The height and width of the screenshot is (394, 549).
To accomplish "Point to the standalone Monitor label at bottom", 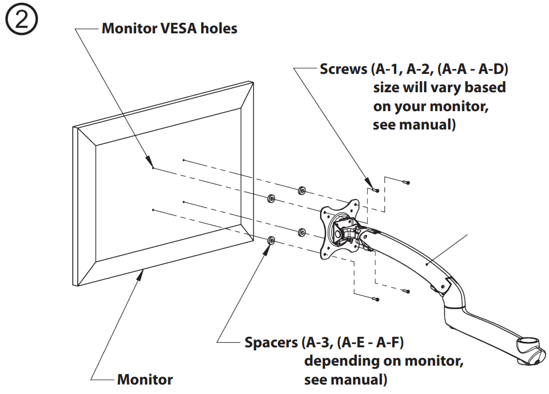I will pyautogui.click(x=144, y=380).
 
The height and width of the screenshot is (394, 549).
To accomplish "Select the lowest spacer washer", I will pyautogui.click(x=271, y=240).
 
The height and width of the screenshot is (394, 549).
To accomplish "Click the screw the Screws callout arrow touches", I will pyautogui.click(x=377, y=190).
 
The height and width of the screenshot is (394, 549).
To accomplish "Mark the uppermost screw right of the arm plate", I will pyautogui.click(x=407, y=182).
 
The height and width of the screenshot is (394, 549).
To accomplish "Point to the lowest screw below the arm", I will pyautogui.click(x=377, y=299).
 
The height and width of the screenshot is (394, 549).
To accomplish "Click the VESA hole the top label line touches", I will pyautogui.click(x=153, y=168).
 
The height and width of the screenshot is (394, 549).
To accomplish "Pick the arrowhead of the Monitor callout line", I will pyautogui.click(x=144, y=271).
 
